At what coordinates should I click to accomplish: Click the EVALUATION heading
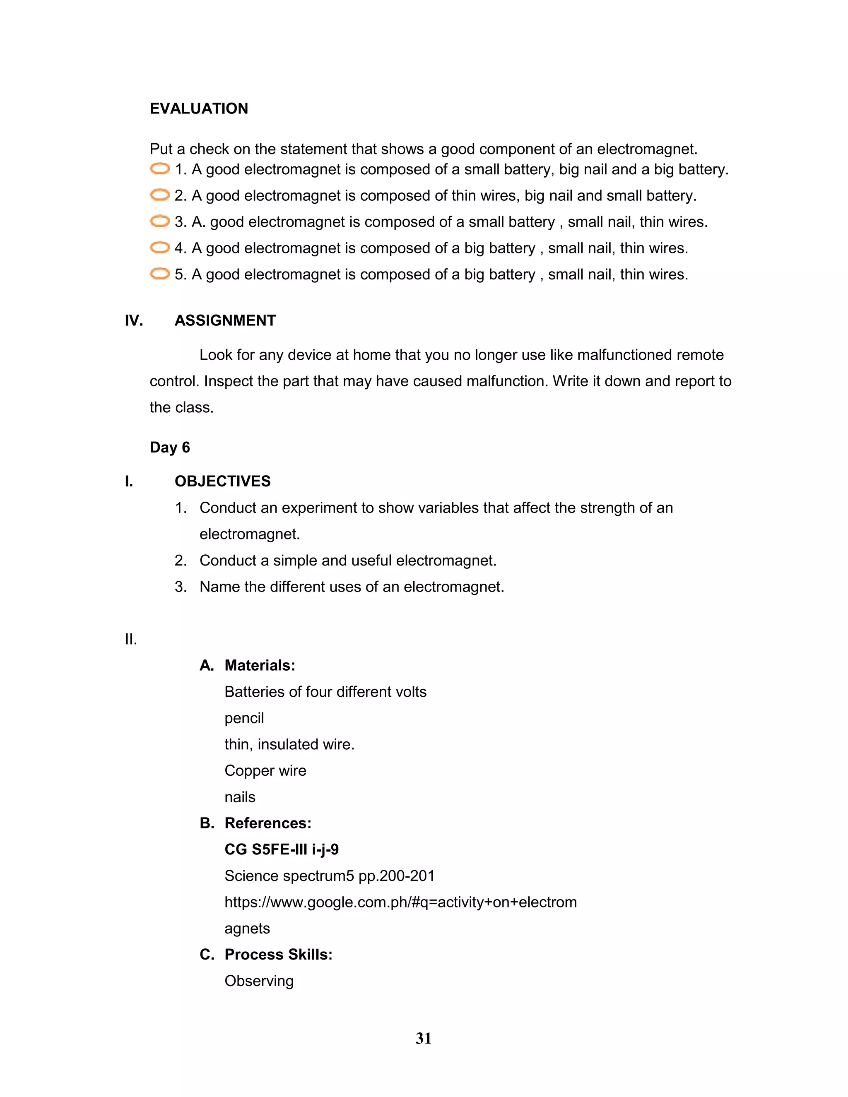pos(198,108)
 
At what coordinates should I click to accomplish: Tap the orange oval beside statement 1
pos(160,169)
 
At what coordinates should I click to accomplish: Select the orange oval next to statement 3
pos(160,221)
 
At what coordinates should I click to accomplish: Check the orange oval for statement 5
pos(160,274)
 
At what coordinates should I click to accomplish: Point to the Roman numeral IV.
pos(134,320)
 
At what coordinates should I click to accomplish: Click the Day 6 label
pos(169,447)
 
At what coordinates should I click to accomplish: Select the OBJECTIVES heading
pos(222,481)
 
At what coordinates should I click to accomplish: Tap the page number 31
pos(424,1038)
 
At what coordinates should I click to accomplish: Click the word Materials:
pos(260,666)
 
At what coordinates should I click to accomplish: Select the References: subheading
pos(268,823)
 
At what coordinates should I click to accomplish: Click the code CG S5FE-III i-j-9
pos(281,849)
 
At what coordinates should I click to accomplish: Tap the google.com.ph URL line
pos(400,902)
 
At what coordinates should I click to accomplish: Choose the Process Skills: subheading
pos(278,954)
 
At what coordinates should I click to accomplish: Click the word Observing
pos(259,981)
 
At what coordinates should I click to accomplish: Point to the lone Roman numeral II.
pos(130,640)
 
